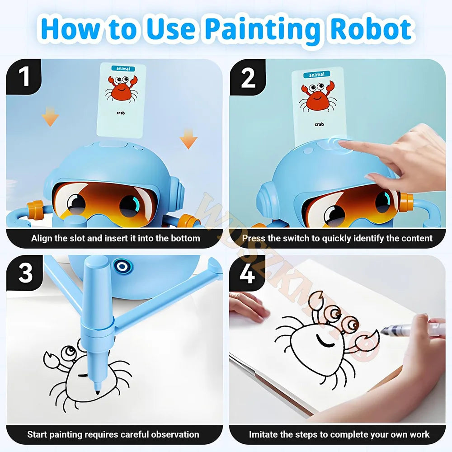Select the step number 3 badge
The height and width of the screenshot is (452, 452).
click(24, 273)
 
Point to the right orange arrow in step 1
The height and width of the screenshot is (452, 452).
click(188, 140)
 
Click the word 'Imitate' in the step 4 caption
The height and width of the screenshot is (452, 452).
click(264, 434)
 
